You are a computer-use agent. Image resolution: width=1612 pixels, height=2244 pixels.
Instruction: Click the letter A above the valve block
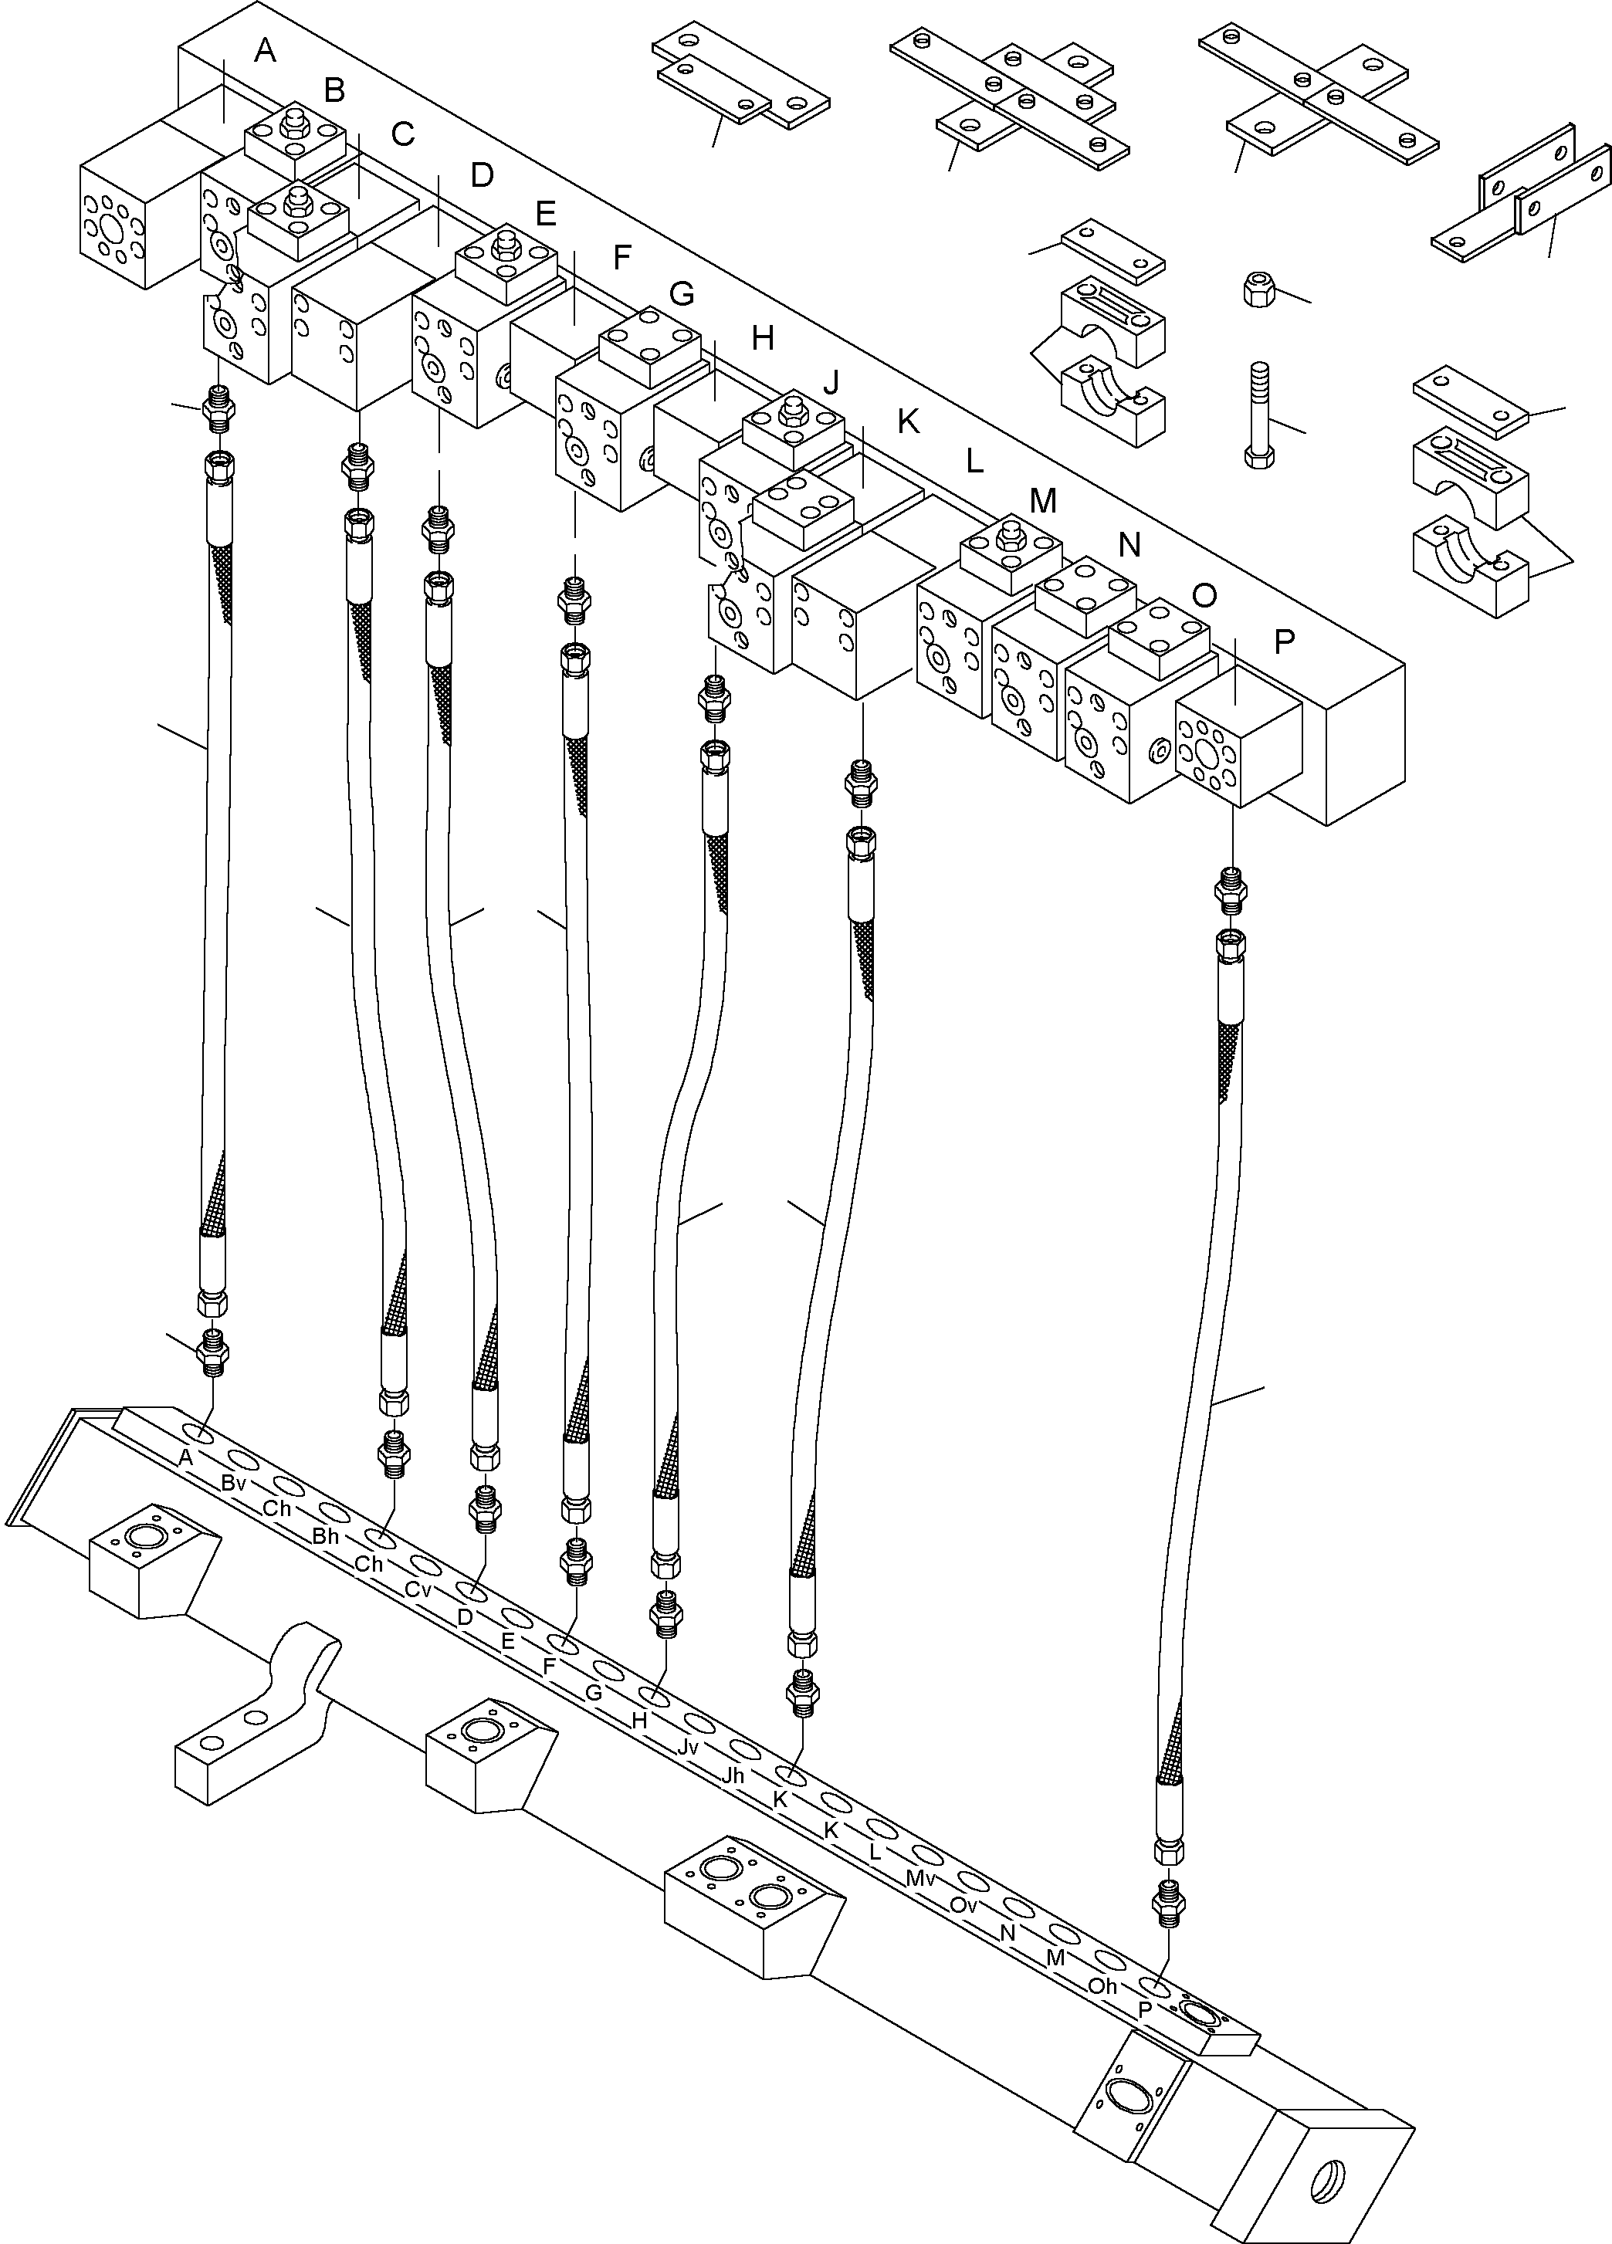click(x=264, y=49)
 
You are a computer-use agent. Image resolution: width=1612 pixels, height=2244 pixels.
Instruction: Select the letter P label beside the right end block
click(x=1283, y=642)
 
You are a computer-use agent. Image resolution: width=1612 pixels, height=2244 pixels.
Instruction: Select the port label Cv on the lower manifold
click(x=418, y=1590)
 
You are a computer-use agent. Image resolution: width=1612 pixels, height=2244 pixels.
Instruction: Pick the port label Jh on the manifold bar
click(x=733, y=1776)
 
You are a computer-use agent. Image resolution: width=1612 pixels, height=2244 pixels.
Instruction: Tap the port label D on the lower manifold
click(x=464, y=1616)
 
